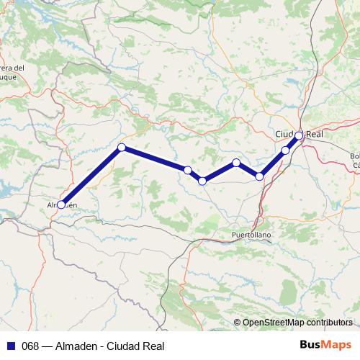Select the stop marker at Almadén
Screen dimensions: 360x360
coord(61,204)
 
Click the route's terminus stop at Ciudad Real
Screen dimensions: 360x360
coord(299,135)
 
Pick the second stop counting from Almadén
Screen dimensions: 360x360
coord(122,148)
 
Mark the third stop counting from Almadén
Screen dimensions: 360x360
coord(187,170)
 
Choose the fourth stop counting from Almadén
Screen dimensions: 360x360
coord(202,181)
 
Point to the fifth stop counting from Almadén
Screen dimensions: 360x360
coord(236,163)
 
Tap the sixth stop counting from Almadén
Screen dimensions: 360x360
coord(260,176)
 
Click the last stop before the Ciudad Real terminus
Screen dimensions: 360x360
coord(285,150)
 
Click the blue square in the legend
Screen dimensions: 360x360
coord(12,346)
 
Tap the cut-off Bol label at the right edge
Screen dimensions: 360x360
coord(354,156)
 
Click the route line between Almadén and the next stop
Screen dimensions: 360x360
coord(91,176)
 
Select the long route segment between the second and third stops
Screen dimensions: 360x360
coord(155,159)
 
